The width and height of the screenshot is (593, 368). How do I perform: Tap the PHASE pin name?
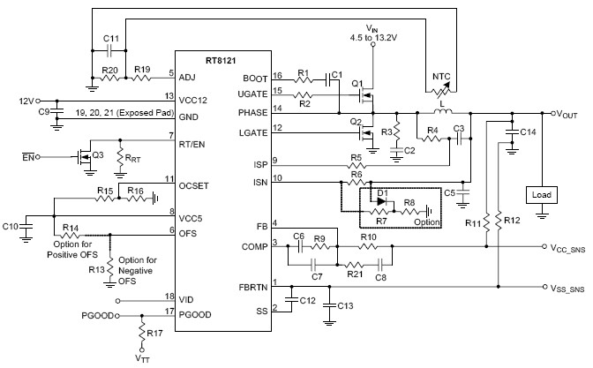254,112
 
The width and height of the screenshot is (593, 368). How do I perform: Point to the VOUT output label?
567,115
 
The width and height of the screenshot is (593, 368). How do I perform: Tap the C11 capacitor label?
110,41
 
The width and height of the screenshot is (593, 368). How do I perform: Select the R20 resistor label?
109,67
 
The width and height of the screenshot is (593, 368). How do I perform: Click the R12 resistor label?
510,218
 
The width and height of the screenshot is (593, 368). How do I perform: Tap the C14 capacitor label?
527,131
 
